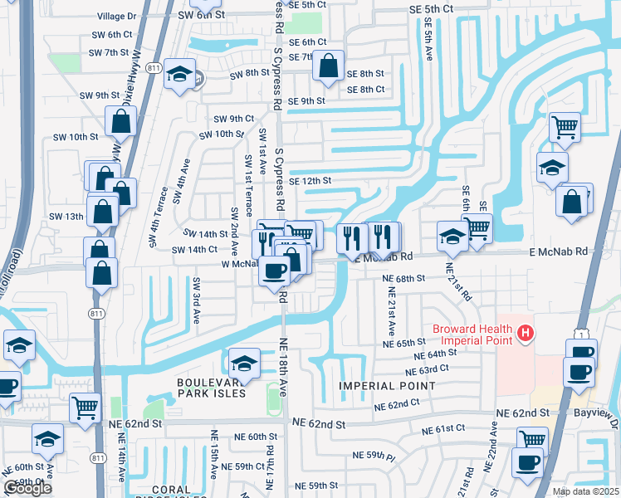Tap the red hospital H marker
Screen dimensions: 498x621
click(x=525, y=334)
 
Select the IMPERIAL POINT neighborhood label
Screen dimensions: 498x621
click(x=386, y=386)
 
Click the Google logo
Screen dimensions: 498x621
click(x=27, y=488)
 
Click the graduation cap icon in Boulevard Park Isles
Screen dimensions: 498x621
click(x=243, y=363)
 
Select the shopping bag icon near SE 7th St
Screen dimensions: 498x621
click(x=329, y=66)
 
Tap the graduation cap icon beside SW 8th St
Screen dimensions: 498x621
click(x=179, y=74)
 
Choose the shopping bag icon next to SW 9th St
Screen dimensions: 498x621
click(x=121, y=121)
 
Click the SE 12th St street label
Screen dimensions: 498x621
click(x=310, y=180)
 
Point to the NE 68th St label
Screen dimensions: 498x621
click(x=403, y=279)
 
